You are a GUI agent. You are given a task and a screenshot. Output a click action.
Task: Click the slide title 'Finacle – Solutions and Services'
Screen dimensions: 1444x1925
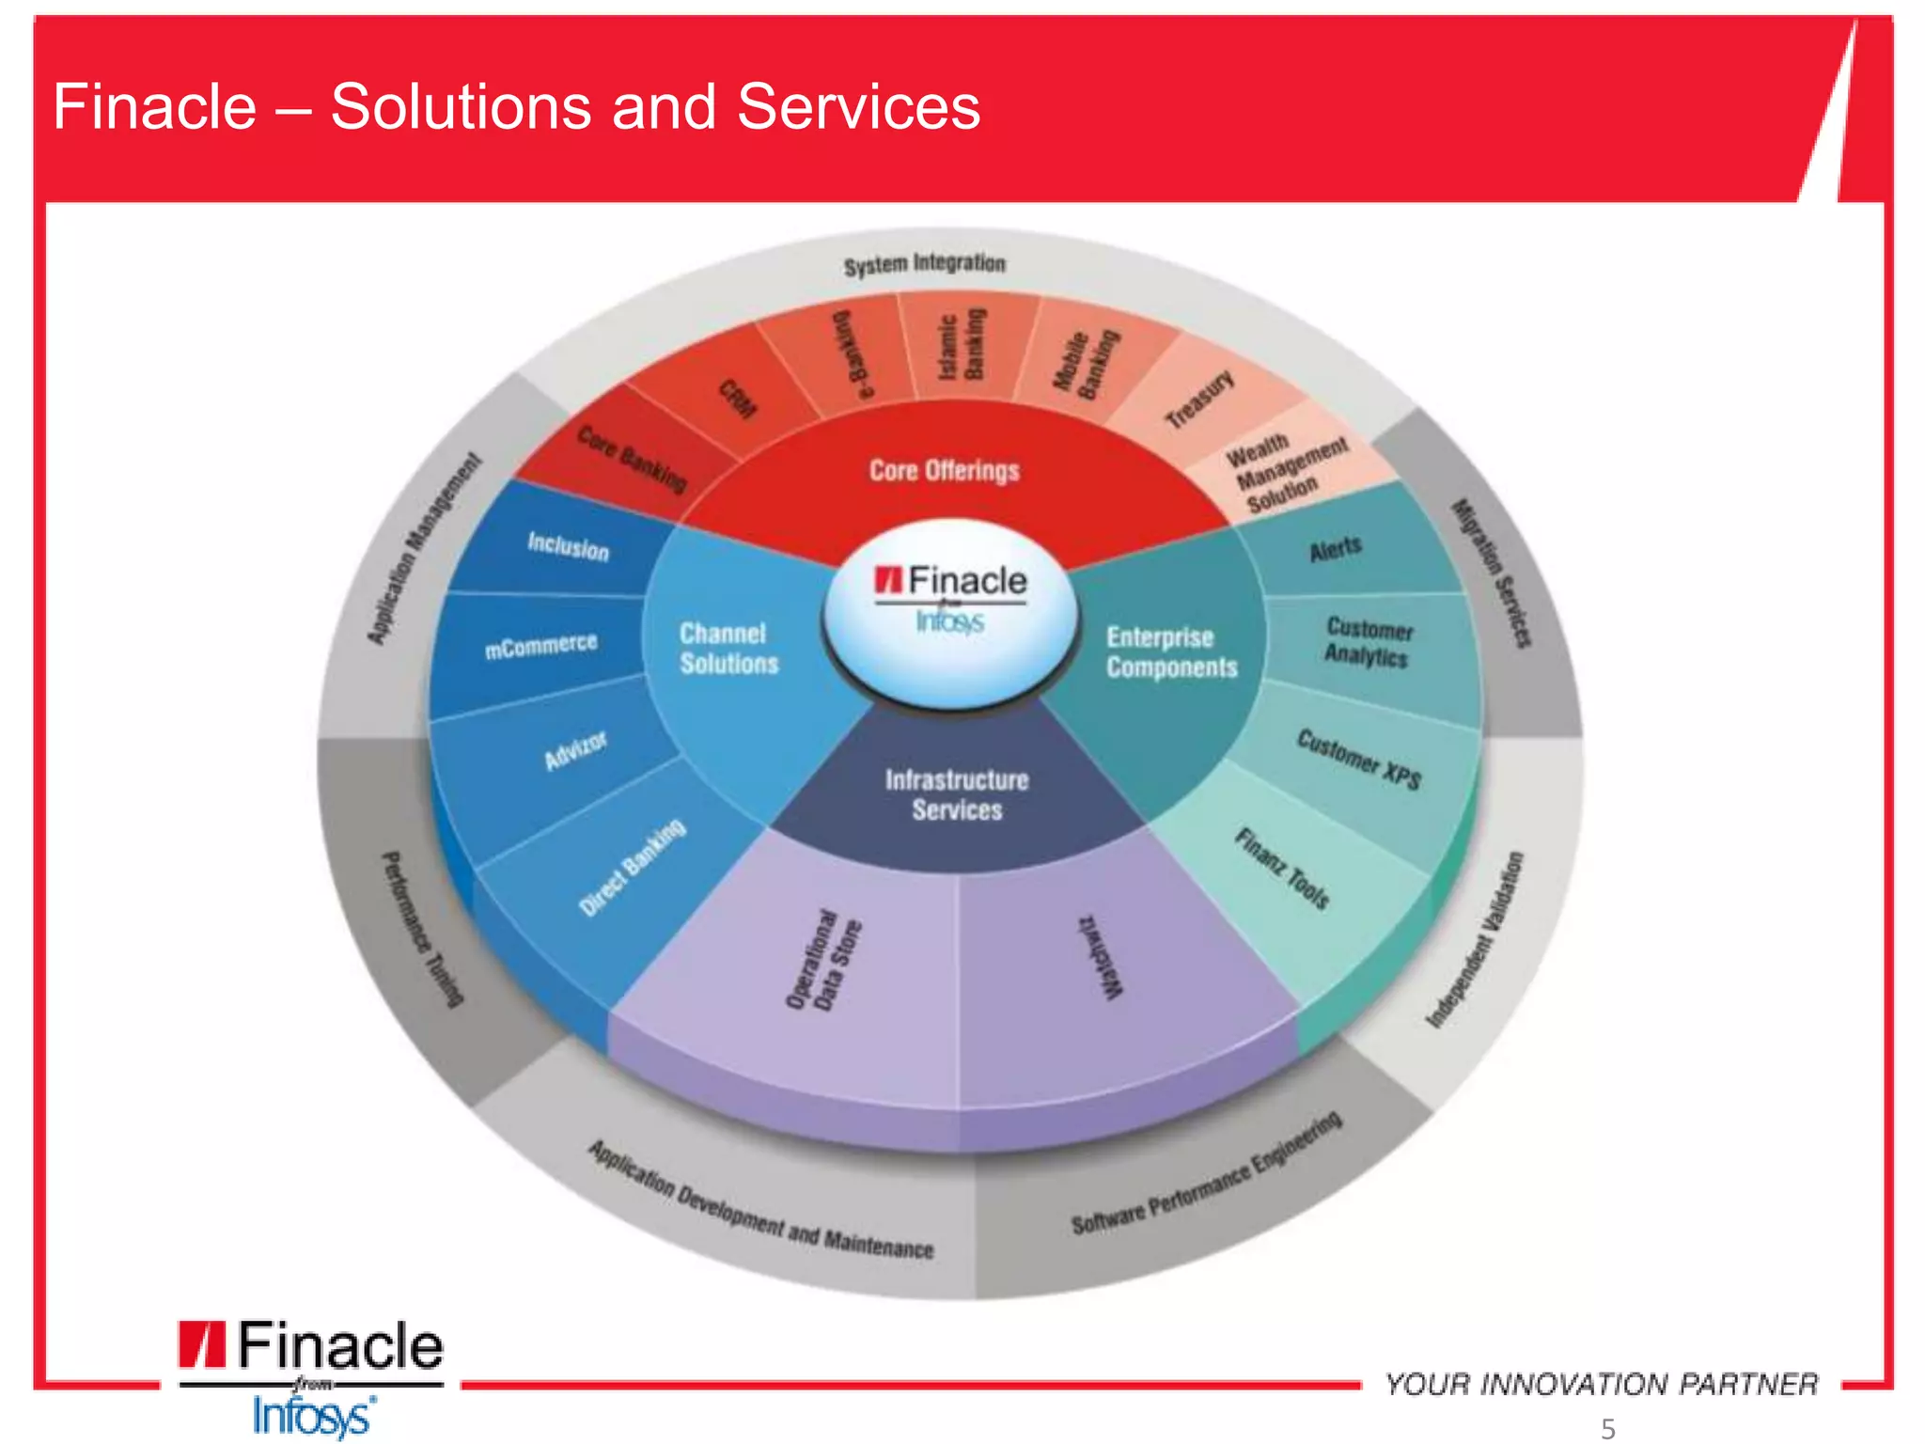[516, 106]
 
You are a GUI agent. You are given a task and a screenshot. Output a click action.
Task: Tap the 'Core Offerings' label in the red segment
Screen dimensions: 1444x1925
[944, 470]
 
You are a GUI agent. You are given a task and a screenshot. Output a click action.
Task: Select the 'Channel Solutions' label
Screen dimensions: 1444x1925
[728, 649]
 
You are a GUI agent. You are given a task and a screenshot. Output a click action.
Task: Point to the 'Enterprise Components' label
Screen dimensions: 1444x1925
[1171, 652]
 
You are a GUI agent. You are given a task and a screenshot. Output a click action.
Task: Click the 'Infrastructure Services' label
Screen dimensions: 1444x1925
[957, 795]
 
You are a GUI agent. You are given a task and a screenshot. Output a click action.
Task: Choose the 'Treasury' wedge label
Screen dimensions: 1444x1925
[1199, 400]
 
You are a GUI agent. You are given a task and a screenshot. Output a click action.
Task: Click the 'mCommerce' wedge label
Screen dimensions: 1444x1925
[540, 646]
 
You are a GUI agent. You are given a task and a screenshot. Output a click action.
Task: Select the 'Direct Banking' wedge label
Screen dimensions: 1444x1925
[632, 867]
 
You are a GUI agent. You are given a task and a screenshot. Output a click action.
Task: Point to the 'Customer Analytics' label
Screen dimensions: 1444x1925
[1369, 642]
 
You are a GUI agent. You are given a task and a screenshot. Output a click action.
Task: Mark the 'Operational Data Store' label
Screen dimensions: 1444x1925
[823, 960]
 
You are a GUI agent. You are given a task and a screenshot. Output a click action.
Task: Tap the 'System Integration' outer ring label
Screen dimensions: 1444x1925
[924, 264]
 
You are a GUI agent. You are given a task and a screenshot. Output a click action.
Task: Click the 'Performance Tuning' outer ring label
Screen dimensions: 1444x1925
[422, 930]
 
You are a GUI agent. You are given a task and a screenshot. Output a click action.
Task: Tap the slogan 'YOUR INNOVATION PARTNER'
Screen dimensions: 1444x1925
[1601, 1384]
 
